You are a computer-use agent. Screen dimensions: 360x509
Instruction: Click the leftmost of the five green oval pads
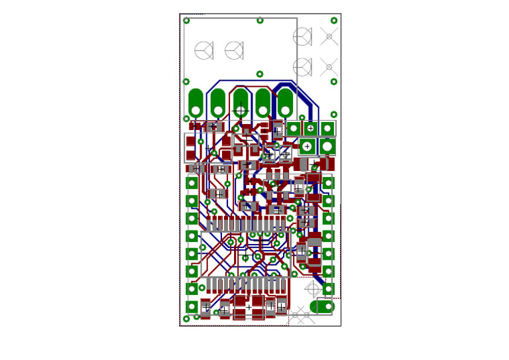pyautogui.click(x=196, y=103)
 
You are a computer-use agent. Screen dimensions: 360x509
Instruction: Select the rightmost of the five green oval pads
pyautogui.click(x=285, y=103)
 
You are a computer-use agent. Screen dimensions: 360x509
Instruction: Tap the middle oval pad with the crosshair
pyautogui.click(x=241, y=103)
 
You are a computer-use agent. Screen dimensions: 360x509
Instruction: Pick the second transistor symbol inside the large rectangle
pyautogui.click(x=234, y=50)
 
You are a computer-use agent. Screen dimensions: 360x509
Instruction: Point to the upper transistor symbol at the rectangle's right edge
pyautogui.click(x=302, y=36)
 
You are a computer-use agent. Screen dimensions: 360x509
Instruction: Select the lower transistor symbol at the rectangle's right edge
pyautogui.click(x=302, y=66)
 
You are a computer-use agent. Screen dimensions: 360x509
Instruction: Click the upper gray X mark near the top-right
pyautogui.click(x=329, y=36)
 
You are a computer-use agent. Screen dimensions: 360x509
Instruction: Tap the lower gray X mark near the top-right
pyautogui.click(x=329, y=67)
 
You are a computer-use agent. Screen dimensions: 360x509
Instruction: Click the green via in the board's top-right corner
pyautogui.click(x=334, y=21)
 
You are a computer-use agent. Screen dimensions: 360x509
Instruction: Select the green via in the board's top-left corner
pyautogui.click(x=187, y=21)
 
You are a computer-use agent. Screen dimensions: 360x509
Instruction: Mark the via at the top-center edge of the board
pyautogui.click(x=260, y=21)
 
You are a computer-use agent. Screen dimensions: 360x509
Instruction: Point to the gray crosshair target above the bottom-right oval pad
pyautogui.click(x=313, y=288)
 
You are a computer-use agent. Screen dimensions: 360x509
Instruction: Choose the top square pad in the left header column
pyautogui.click(x=192, y=183)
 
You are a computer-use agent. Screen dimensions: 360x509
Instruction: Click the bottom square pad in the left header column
pyautogui.click(x=192, y=306)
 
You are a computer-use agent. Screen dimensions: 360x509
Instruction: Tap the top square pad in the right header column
pyautogui.click(x=329, y=183)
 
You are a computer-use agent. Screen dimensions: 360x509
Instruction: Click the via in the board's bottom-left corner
pyautogui.click(x=186, y=319)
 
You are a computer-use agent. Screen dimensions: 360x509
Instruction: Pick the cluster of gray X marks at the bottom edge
pyautogui.click(x=301, y=316)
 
